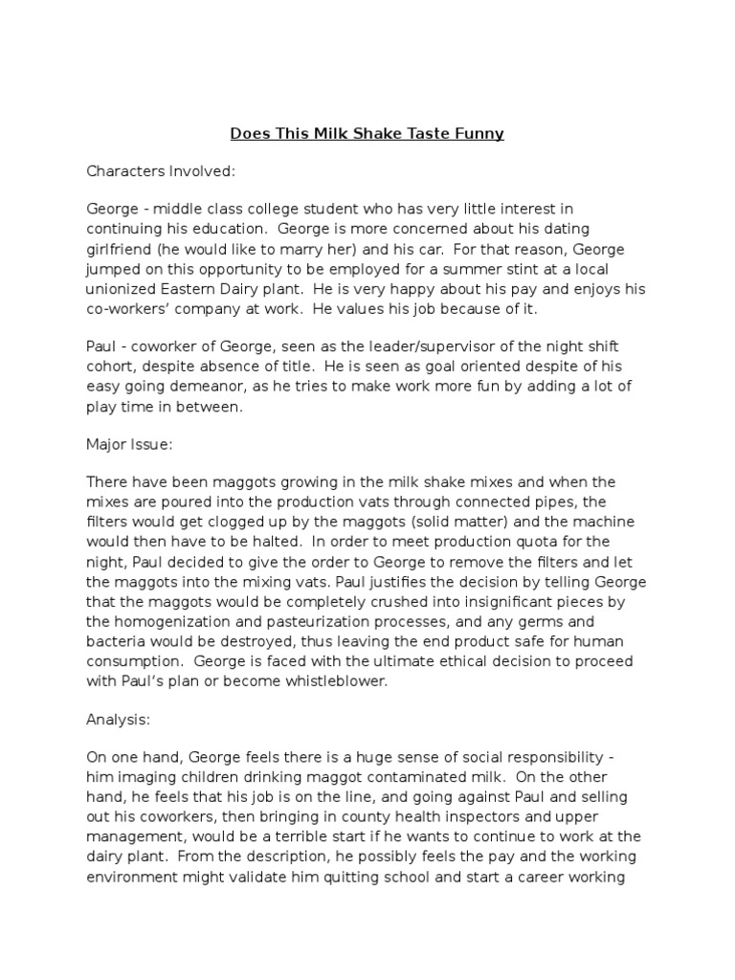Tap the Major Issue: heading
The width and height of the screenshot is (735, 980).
click(x=129, y=444)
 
